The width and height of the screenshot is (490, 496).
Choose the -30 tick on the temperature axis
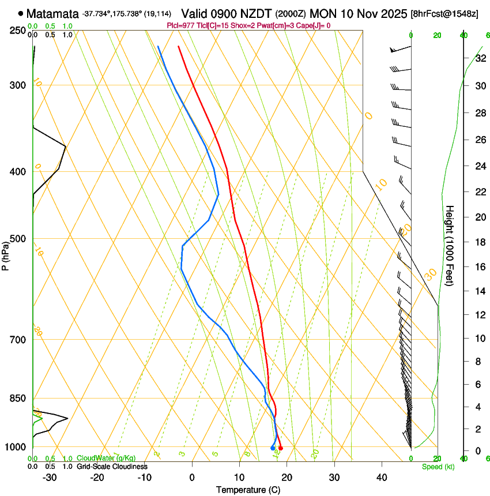click(50, 478)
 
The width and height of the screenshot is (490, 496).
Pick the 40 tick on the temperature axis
click(382, 478)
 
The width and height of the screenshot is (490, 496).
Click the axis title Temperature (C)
click(248, 490)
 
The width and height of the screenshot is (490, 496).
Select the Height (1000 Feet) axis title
click(450, 246)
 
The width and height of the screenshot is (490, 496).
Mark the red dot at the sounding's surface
click(281, 448)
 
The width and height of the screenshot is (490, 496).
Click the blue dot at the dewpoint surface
click(273, 448)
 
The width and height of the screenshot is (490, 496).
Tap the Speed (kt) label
click(438, 467)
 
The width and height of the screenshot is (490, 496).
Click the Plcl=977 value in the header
click(180, 25)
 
